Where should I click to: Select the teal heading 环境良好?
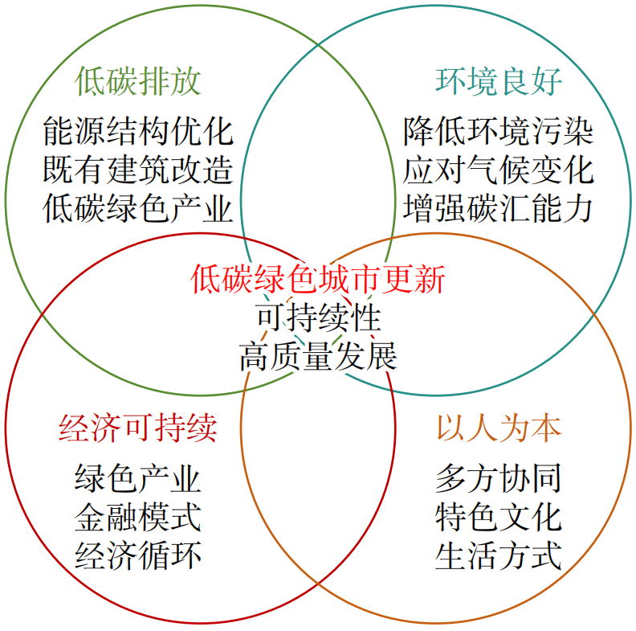[x=498, y=81]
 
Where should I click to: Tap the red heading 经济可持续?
[x=137, y=428]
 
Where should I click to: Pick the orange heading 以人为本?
[x=498, y=428]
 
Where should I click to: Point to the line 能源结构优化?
[x=137, y=129]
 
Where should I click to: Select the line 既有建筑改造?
[x=137, y=170]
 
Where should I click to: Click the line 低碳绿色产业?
[x=137, y=208]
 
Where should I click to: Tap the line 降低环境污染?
[x=498, y=129]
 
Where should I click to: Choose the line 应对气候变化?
[x=498, y=170]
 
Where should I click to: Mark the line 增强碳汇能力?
[x=498, y=208]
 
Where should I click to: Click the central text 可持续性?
[x=318, y=318]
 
